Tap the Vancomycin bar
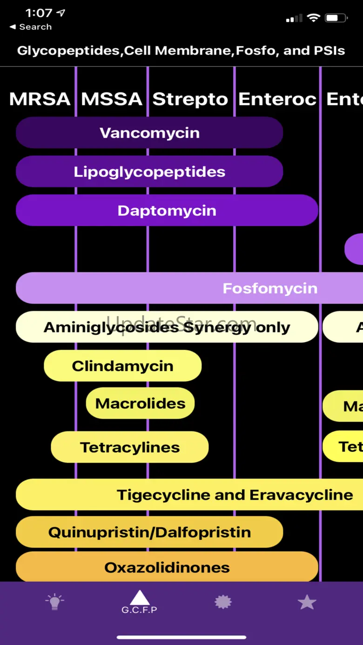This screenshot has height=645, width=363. pyautogui.click(x=149, y=133)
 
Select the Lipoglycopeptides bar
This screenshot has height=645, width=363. pyautogui.click(x=149, y=172)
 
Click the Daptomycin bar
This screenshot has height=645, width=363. pyautogui.click(x=167, y=211)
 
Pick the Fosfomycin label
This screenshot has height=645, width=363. pyautogui.click(x=270, y=288)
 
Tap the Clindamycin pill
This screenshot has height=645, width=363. pyautogui.click(x=122, y=366)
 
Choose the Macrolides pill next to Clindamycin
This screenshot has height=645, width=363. pyautogui.click(x=140, y=404)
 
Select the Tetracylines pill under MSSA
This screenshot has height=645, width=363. pyautogui.click(x=130, y=447)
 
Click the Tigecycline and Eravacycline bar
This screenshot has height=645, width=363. pyautogui.click(x=235, y=495)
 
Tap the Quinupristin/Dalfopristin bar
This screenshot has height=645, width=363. pyautogui.click(x=149, y=532)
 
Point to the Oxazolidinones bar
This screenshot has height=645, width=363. pyautogui.click(x=167, y=567)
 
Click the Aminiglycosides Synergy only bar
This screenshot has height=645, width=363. pyautogui.click(x=167, y=327)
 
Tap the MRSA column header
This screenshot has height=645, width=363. pyautogui.click(x=40, y=99)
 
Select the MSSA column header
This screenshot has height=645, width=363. pyautogui.click(x=112, y=99)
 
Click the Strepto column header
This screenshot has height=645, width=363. pyautogui.click(x=190, y=99)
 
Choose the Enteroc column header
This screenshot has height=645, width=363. pyautogui.click(x=277, y=99)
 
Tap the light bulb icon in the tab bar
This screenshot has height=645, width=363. pyautogui.click(x=54, y=602)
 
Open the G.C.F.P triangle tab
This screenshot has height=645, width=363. pyautogui.click(x=139, y=601)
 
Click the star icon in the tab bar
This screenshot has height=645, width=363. pyautogui.click(x=307, y=602)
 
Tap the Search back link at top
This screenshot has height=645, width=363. pyautogui.click(x=31, y=27)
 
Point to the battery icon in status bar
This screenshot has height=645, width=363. pyautogui.click(x=336, y=19)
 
